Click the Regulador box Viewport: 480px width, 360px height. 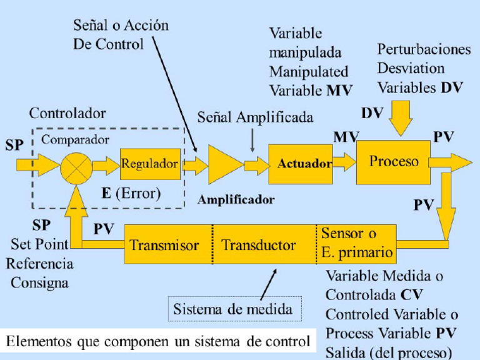pos(150,164)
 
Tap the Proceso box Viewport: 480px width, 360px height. pos(393,162)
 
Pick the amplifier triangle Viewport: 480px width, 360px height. pos(224,165)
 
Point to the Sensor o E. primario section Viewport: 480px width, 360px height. pos(356,243)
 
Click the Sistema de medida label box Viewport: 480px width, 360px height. pos(233,309)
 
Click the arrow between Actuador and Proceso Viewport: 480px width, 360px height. pos(344,161)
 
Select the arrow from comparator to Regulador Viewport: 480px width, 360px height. pos(105,165)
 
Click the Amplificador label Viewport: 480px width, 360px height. pos(236,200)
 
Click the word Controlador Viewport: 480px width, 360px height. pos(67,114)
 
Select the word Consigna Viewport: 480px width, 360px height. pos(38,282)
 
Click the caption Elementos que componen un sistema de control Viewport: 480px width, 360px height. pos(158,341)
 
